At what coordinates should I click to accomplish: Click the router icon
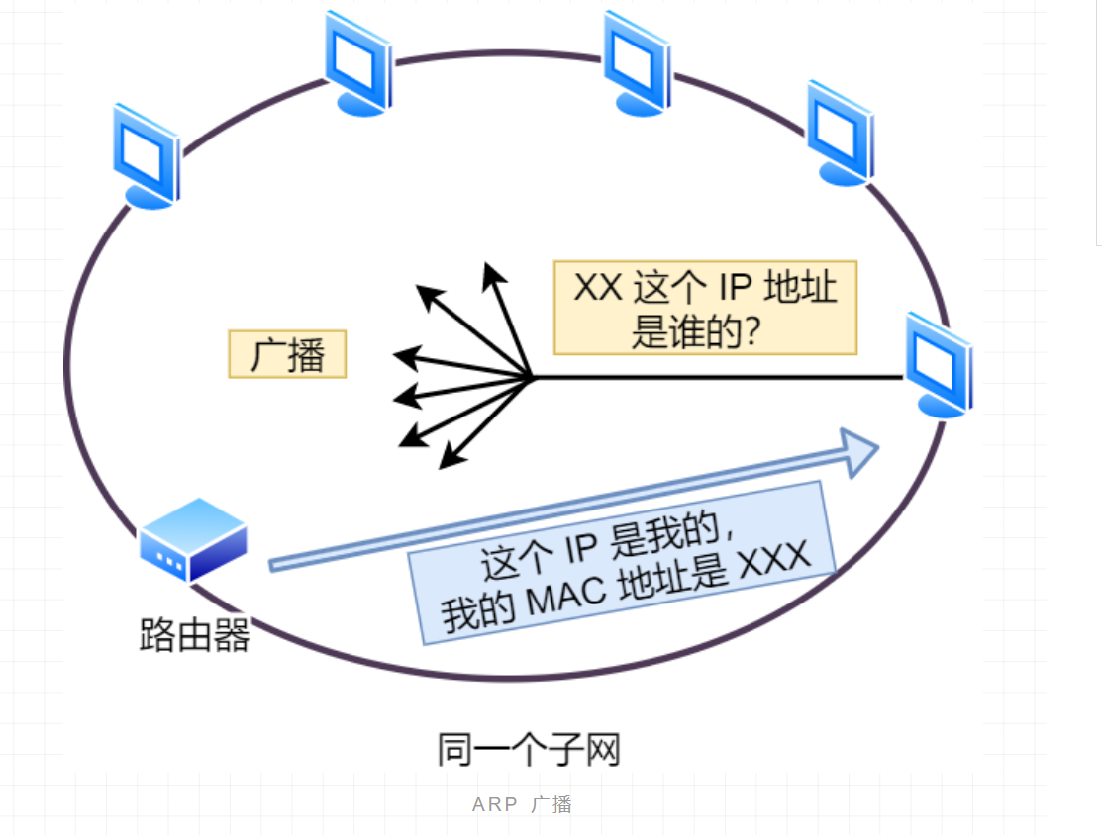click(192, 540)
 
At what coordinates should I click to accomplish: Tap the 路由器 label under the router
click(194, 634)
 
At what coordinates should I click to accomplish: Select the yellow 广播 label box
click(287, 354)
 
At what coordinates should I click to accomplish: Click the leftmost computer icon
click(146, 156)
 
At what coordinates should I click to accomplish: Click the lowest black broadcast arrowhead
click(450, 459)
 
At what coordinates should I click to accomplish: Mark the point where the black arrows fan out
click(533, 377)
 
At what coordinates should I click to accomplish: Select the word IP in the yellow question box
click(732, 288)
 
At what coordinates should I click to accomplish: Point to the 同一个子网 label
click(529, 749)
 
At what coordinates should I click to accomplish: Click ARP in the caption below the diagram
click(494, 804)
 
